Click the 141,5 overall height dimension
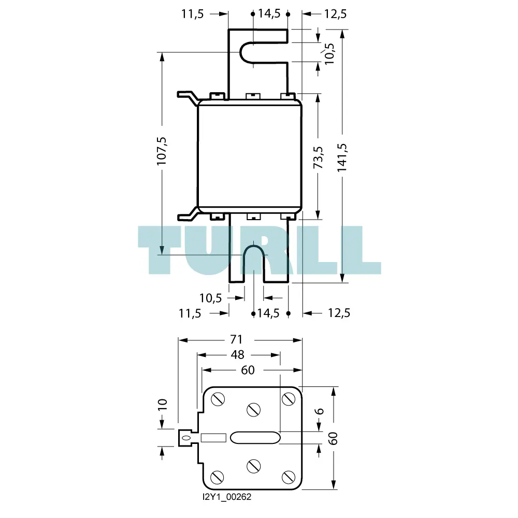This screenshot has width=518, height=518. pyautogui.click(x=342, y=157)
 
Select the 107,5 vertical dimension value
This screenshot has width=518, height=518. pyautogui.click(x=162, y=151)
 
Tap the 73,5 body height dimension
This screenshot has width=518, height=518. pyautogui.click(x=318, y=157)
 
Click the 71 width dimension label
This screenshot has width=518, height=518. pyautogui.click(x=236, y=339)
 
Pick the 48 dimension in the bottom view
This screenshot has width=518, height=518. pyautogui.click(x=238, y=354)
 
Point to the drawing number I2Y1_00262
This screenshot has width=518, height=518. pyautogui.click(x=227, y=497)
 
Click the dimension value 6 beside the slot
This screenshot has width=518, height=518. pyautogui.click(x=319, y=411)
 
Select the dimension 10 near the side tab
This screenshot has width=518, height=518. pyautogui.click(x=163, y=405)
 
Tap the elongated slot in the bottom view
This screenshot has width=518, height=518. pyautogui.click(x=255, y=438)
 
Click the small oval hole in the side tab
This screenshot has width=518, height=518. pyautogui.click(x=186, y=438)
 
